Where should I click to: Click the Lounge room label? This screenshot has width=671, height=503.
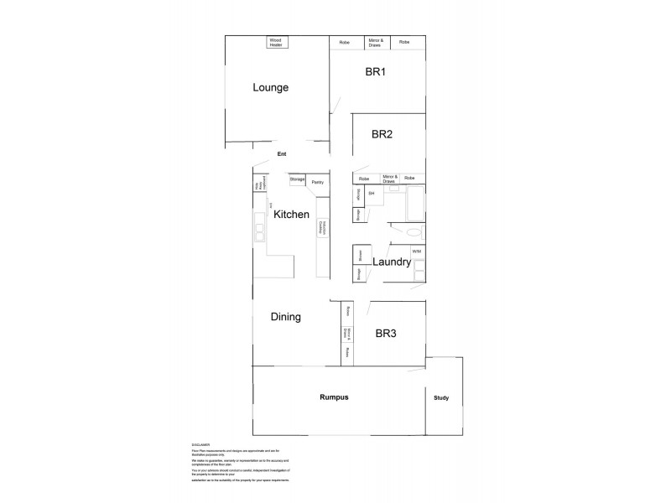coord(271,87)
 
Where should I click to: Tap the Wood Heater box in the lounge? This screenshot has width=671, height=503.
coord(276,42)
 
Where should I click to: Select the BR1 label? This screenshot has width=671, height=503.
coord(375,73)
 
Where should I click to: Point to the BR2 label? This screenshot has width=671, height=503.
coord(382,133)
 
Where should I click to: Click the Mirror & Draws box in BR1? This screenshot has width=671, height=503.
coord(376,42)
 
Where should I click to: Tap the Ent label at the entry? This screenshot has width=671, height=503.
coord(282,153)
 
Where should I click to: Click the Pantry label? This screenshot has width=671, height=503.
coord(317,182)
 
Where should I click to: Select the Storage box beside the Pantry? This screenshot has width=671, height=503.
coord(297,179)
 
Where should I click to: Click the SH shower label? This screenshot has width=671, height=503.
coord(371,194)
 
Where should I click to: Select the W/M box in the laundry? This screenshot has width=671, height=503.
coord(417,251)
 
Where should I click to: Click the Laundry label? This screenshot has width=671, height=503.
coord(392,262)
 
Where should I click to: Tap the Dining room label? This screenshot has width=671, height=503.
coord(286,317)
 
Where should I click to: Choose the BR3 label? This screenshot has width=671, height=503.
coord(386,334)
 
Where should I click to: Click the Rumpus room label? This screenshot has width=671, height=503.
coord(334,397)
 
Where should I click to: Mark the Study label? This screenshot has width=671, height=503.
coord(441,397)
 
